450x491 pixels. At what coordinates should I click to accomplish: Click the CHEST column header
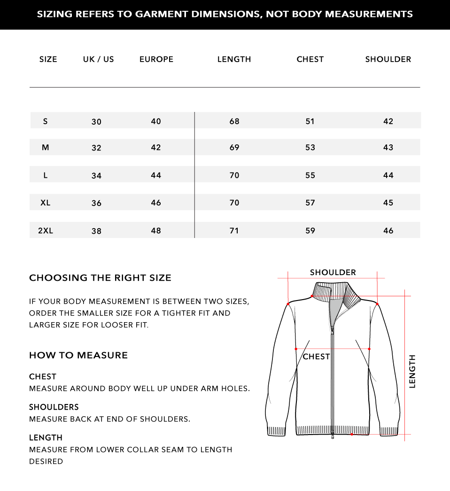tap(310, 59)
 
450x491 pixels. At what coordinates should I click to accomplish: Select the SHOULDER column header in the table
tap(388, 59)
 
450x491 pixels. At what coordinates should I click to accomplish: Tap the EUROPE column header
tap(156, 59)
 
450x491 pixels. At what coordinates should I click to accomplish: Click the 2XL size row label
tap(46, 230)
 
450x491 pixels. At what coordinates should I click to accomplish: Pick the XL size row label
tap(46, 203)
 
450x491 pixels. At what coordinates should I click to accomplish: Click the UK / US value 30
tap(96, 122)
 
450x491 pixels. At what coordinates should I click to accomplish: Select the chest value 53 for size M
tap(310, 148)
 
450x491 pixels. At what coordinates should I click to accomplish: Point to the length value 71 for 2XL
tap(234, 230)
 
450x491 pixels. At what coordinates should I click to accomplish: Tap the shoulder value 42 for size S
tap(388, 121)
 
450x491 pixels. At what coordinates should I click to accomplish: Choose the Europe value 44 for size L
tap(156, 175)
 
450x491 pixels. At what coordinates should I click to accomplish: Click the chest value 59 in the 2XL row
tap(310, 230)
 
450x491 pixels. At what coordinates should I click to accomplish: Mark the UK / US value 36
tap(96, 203)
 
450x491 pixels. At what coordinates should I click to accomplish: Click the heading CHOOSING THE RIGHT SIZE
tap(100, 278)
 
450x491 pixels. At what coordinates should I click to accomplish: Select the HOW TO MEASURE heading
tap(78, 356)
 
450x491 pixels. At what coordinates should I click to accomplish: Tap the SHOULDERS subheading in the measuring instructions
tap(54, 407)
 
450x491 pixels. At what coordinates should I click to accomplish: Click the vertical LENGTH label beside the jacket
tap(412, 372)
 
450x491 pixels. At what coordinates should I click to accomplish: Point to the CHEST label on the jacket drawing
tap(316, 357)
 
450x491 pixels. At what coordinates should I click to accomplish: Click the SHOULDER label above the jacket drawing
tap(333, 273)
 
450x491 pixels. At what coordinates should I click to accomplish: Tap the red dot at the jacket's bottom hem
tap(351, 435)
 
